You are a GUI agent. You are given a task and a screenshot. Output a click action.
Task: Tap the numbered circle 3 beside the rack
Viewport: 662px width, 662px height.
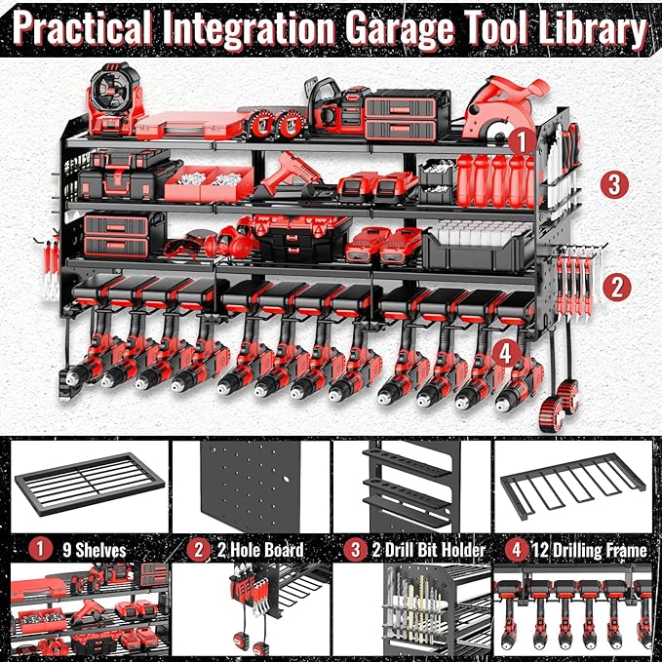pos(611,183)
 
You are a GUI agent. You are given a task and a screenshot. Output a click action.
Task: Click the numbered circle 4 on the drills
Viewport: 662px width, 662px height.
pos(505,350)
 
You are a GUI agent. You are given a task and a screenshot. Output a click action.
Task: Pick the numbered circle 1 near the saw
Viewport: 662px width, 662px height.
pos(522,140)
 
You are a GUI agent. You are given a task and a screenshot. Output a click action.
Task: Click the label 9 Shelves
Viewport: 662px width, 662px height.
pos(97,550)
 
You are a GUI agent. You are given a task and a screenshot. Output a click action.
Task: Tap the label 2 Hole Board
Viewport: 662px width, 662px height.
pos(258,550)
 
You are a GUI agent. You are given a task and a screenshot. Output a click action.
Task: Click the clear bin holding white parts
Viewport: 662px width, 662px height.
pos(477,245)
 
